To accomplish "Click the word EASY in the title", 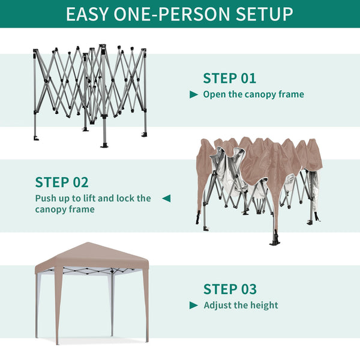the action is (87, 14).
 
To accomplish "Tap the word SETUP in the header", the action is (264, 14).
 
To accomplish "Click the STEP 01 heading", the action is (229, 78).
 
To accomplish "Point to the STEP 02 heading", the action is (62, 182).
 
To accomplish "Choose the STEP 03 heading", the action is (230, 289).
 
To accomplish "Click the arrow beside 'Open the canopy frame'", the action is (194, 94).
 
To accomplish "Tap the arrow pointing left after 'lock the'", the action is (166, 198).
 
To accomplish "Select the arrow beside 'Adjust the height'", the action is (194, 305).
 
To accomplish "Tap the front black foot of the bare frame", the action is (104, 145).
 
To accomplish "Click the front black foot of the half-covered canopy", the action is (275, 242).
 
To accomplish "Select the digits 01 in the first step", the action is (248, 78).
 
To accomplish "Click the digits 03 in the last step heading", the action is (249, 289).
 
